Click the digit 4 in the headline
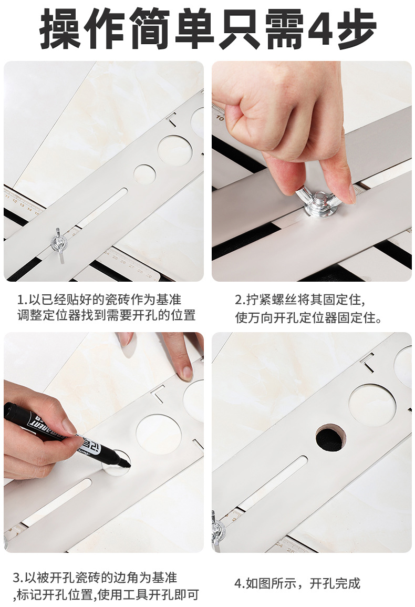[x=320, y=29]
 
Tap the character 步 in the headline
[x=356, y=29]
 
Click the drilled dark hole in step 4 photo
[x=330, y=438]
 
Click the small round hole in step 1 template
[x=144, y=174]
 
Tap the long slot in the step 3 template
[x=57, y=502]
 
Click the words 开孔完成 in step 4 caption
[x=335, y=583]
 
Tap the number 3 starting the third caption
[x=16, y=578]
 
